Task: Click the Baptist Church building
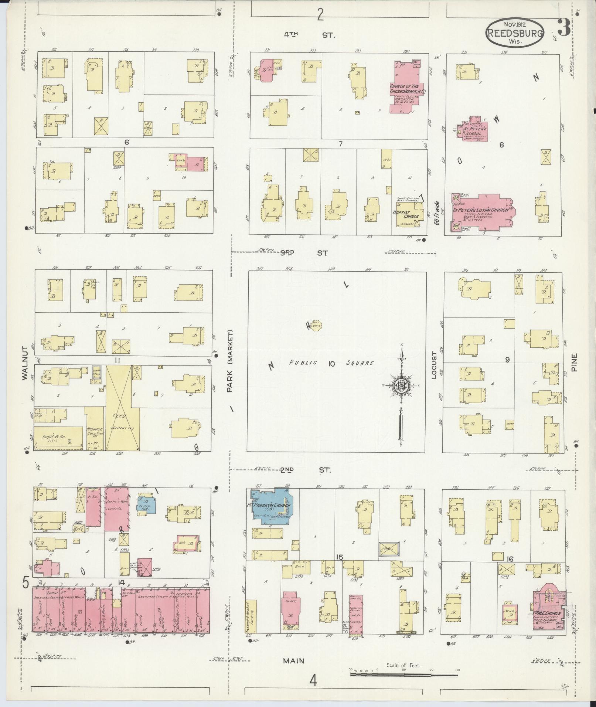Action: pos(410,215)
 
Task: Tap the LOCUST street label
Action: pos(435,366)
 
